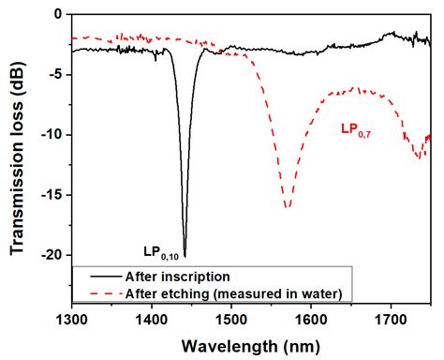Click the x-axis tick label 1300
pos(71,318)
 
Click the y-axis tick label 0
pos(58,15)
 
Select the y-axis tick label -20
pos(51,255)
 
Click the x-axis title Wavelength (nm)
pos(247,344)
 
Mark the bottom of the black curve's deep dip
pos(185,255)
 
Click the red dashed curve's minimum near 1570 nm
pos(288,207)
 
